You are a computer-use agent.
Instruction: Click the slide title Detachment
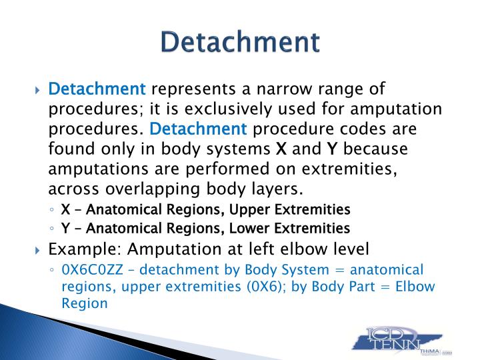point(240,41)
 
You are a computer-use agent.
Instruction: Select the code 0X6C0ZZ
point(92,270)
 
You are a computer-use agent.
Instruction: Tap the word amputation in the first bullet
point(396,109)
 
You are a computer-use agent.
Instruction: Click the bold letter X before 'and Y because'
point(281,149)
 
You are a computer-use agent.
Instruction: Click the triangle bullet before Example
point(37,251)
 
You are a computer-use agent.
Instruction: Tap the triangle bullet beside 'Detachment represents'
point(37,90)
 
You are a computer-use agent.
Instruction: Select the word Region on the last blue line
point(85,304)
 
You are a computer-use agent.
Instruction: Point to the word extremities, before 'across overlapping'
point(349,169)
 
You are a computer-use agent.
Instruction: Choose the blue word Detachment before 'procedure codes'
point(198,129)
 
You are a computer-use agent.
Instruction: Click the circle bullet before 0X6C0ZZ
point(52,270)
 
